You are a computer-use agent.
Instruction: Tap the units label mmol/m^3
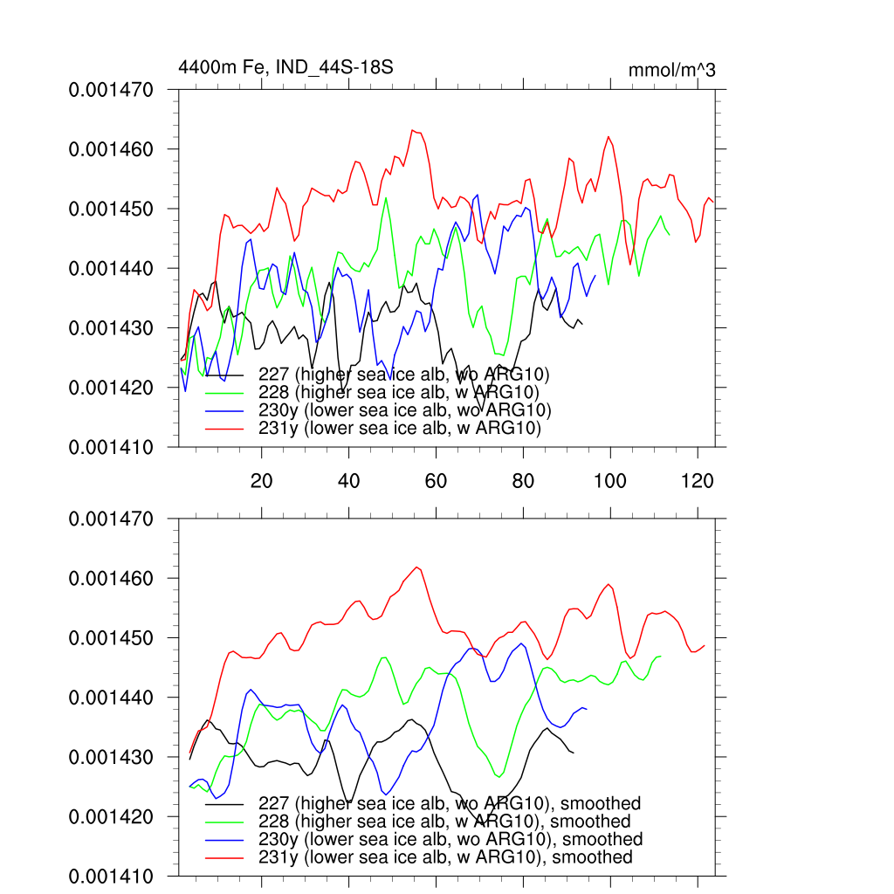pos(671,71)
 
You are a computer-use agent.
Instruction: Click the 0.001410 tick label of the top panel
pos(111,447)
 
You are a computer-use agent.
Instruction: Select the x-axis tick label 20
pos(261,480)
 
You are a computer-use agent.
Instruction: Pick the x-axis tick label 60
pos(436,480)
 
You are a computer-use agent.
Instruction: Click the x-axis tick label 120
pos(697,480)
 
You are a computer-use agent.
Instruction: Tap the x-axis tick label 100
pos(610,480)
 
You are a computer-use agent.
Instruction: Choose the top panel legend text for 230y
pos(406,411)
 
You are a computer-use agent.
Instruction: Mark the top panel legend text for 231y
pos(401,430)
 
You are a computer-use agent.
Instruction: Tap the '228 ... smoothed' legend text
pos(444,822)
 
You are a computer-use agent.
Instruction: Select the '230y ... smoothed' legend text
pos(450,839)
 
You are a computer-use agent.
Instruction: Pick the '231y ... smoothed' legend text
pos(445,857)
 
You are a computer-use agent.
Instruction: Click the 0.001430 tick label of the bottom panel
pos(111,757)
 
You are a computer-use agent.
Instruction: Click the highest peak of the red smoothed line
pos(418,567)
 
